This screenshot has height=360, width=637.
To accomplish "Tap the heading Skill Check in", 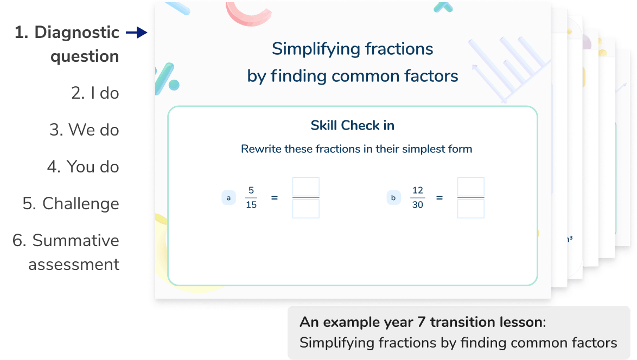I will tap(352, 126).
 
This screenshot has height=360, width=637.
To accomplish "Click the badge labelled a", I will tap(228, 198).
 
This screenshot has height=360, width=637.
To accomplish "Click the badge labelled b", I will tap(393, 198).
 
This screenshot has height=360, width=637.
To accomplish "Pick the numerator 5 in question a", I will tap(251, 190).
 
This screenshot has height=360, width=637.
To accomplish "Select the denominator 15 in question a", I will tap(251, 205).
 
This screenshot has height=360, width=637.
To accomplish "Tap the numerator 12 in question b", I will tap(417, 190).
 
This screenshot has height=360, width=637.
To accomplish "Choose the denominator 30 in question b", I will tap(417, 205).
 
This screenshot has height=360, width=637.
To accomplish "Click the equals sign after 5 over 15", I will tap(274, 198).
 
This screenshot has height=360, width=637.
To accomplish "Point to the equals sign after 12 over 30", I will tap(439, 198).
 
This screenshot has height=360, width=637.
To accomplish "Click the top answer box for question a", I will tap(306, 187).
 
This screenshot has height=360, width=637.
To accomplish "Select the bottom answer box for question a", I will tap(306, 209).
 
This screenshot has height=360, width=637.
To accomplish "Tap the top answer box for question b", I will tap(470, 187).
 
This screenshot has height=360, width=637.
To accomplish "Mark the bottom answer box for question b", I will tap(470, 209).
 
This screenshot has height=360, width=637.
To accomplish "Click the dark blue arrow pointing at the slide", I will tap(137, 34).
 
